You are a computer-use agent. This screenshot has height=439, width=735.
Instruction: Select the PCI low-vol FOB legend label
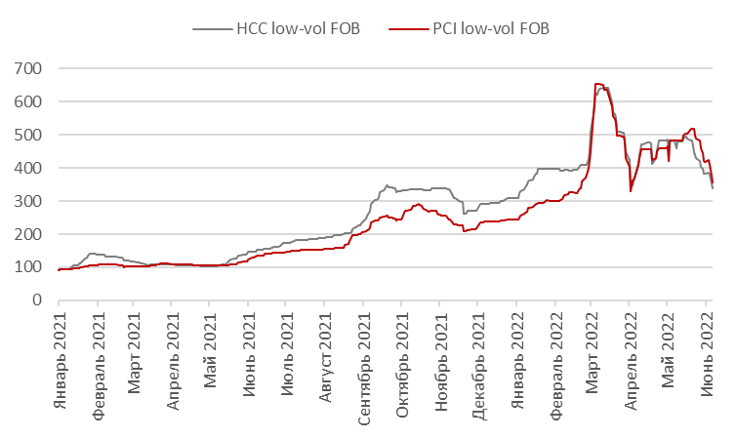pos(490,28)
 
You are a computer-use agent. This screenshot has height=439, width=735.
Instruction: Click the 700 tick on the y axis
pos(27,68)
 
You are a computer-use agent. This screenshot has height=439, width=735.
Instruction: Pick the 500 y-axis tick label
pos(27,135)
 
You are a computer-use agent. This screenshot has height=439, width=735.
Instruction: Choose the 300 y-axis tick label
pos(27,201)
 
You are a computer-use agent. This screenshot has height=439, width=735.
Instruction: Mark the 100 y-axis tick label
pos(27,267)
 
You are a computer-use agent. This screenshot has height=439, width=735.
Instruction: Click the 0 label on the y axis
pos(35,300)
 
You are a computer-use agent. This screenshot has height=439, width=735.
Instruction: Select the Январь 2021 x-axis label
pos(60,347)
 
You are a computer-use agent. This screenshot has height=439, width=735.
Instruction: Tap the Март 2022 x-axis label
pos(592,341)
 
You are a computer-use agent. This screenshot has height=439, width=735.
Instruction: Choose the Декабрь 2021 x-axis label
pos(477,349)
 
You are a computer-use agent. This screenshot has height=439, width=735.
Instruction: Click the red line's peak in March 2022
pos(596,84)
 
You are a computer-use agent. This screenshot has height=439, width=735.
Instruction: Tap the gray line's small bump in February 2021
pos(92,254)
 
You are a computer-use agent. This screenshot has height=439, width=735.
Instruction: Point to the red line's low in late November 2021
pos(465,231)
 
